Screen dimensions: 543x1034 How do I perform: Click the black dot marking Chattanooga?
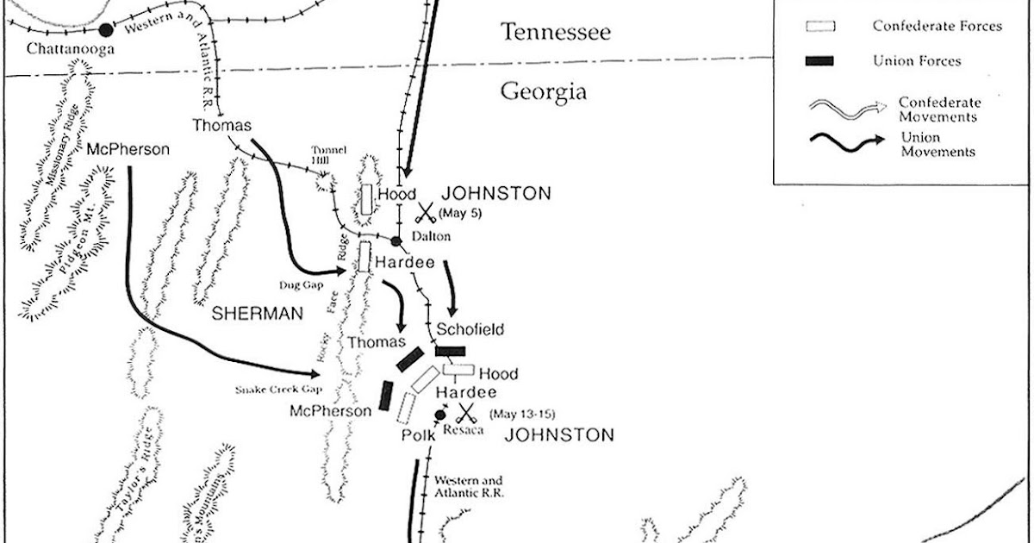105,30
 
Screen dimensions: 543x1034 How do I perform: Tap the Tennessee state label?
557,33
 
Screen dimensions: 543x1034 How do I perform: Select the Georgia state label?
544,92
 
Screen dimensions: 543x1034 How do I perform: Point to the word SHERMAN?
258,315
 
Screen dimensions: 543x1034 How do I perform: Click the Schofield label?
470,329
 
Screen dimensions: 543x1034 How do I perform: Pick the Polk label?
418,436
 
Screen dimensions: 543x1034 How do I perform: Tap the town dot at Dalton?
396,241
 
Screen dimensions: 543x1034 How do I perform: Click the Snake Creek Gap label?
273,389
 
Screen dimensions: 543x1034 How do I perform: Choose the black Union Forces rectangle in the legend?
820,60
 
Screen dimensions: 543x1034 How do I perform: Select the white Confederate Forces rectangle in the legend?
820,27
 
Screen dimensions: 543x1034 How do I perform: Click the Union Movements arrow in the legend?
847,143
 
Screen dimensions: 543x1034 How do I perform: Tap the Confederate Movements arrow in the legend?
847,107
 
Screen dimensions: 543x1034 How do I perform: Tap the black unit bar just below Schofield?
451,351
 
